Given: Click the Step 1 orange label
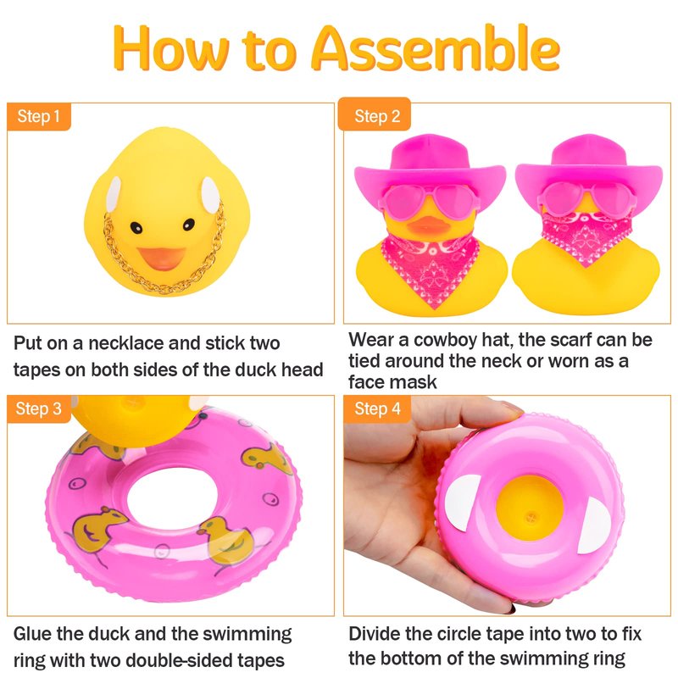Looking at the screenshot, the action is click(38, 117).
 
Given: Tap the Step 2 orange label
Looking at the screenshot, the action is click(375, 115).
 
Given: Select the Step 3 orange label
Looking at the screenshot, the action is click(38, 408).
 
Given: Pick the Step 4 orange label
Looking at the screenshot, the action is click(377, 408).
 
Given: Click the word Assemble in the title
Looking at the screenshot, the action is click(436, 48).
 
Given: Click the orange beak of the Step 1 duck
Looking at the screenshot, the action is click(161, 258).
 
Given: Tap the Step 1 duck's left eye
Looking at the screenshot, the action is click(136, 227).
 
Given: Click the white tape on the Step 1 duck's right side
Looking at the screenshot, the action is click(210, 195).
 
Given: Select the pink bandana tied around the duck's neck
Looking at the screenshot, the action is click(431, 268).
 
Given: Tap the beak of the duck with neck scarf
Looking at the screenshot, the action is click(427, 225).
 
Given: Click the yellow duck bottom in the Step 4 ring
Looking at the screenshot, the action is click(529, 508).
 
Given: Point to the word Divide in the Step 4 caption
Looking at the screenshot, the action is click(374, 634).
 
